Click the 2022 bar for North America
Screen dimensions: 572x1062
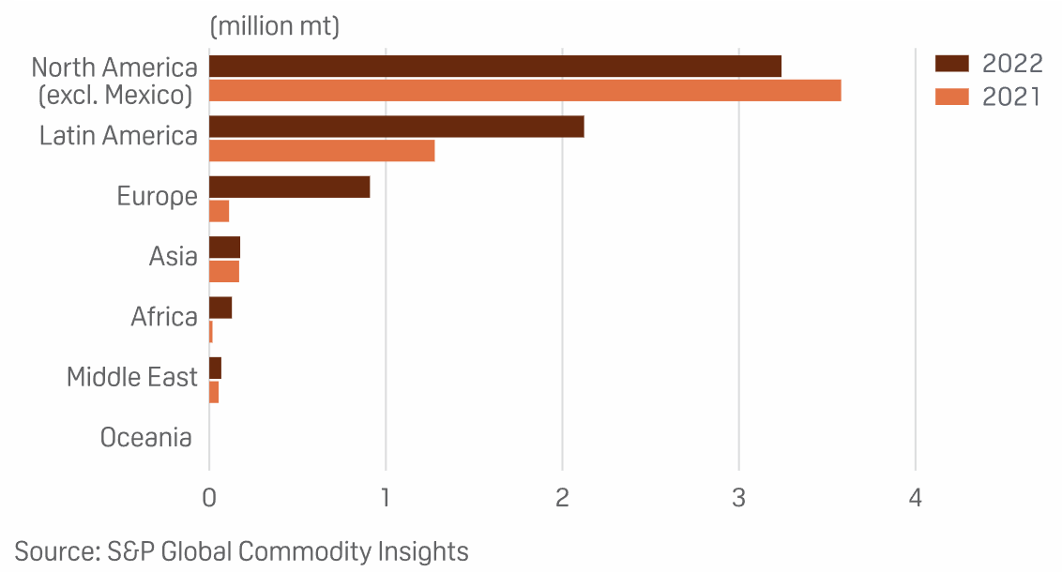(494, 66)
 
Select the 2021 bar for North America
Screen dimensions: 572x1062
(524, 90)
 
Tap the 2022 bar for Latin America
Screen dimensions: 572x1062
(396, 126)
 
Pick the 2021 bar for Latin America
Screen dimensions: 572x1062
(321, 150)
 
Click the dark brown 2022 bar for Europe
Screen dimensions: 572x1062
(289, 187)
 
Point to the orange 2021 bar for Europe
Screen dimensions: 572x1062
(219, 211)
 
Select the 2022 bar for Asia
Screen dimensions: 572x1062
(224, 247)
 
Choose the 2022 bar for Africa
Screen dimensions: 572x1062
(220, 308)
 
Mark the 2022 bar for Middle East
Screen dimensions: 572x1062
(215, 368)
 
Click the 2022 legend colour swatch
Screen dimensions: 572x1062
(952, 64)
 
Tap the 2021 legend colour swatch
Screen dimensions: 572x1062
(952, 97)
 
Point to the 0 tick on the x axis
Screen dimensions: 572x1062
(209, 497)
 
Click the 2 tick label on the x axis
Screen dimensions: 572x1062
(562, 497)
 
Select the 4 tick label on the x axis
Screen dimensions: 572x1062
(916, 497)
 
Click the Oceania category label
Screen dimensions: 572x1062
(146, 437)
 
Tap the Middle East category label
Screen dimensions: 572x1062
(132, 377)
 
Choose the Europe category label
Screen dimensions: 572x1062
(158, 197)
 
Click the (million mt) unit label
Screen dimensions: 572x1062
(275, 26)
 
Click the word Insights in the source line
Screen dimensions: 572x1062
(423, 551)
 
